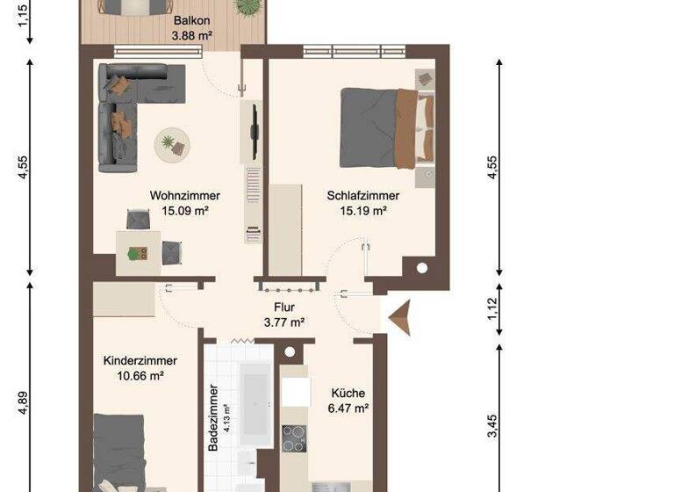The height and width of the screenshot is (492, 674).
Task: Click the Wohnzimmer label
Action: pyautogui.click(x=184, y=196)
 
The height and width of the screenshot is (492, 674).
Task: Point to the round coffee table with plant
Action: pyautogui.click(x=171, y=144)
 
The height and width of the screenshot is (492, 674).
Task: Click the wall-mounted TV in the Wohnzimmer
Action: pyautogui.click(x=255, y=123)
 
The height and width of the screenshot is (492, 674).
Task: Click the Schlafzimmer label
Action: pyautogui.click(x=362, y=196)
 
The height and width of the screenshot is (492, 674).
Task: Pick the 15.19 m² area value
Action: pyautogui.click(x=362, y=210)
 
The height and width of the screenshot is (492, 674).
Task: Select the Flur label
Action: pyautogui.click(x=283, y=308)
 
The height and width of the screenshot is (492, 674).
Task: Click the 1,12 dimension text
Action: pyautogui.click(x=492, y=309)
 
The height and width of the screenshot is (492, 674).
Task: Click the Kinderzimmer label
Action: pyautogui.click(x=140, y=361)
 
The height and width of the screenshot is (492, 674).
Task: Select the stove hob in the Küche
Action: pyautogui.click(x=294, y=437)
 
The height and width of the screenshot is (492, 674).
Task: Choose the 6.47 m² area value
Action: pyautogui.click(x=348, y=408)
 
